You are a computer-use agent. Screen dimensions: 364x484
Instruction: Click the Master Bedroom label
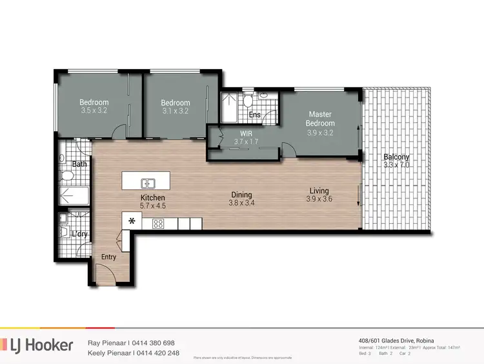click(320, 118)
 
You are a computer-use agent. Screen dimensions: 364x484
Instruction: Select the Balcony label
click(395, 157)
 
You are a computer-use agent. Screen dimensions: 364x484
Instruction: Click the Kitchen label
click(153, 197)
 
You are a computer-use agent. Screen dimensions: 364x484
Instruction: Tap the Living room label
click(319, 191)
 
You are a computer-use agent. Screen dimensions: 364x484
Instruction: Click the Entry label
click(109, 257)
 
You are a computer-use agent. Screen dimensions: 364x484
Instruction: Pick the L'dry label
click(81, 233)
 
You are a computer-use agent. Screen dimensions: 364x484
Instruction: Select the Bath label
click(79, 164)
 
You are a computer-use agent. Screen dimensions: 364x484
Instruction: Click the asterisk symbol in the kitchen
click(132, 222)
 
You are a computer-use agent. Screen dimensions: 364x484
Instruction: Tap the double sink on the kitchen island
click(147, 182)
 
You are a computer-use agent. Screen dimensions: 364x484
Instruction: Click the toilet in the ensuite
click(247, 102)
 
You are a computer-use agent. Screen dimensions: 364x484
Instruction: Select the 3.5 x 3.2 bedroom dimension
click(94, 111)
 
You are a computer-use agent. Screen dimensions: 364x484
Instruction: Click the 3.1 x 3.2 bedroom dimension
click(175, 111)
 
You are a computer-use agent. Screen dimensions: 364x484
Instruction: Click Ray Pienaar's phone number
click(154, 343)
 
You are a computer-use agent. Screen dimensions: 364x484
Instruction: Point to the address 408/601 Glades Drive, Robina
click(401, 341)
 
